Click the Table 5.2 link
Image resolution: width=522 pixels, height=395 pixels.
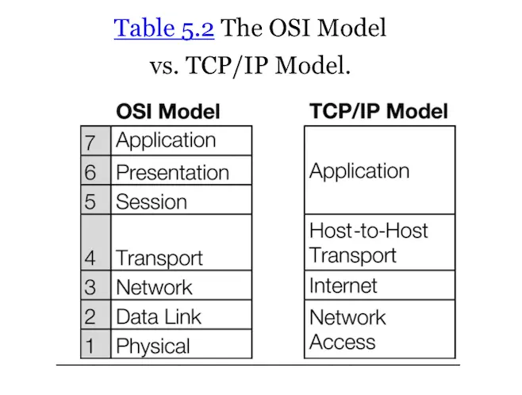164,29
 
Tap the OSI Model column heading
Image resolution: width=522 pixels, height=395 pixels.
167,111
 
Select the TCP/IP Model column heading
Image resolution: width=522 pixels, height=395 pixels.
378,111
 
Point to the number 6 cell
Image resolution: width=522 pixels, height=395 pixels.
91,172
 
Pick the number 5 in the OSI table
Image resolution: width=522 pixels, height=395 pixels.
91,201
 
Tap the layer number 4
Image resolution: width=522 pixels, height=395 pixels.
91,258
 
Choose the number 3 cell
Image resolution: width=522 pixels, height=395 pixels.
91,287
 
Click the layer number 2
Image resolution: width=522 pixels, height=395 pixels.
91,317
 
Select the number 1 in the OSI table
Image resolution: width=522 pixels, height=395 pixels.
91,346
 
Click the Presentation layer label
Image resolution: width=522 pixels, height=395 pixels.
172,172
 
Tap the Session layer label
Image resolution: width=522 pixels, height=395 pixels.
152,201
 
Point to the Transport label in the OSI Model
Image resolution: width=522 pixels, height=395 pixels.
159,258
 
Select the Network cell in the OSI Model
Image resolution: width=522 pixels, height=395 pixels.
154,287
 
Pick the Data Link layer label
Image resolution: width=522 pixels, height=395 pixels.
159,317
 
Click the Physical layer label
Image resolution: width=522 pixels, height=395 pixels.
153,346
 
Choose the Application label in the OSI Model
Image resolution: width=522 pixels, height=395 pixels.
166,141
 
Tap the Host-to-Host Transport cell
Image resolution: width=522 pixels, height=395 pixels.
368,243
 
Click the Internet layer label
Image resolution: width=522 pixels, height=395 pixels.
344,286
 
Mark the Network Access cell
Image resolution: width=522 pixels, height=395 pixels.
347,329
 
